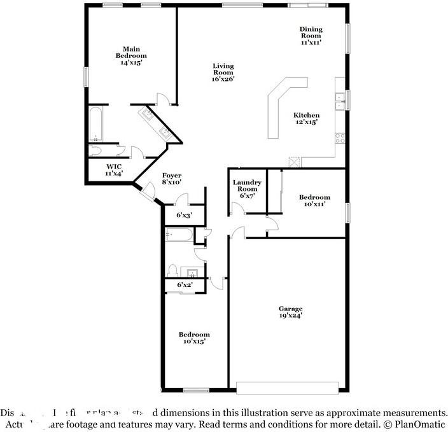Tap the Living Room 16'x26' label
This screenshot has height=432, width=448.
223,73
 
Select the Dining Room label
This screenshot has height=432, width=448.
311,36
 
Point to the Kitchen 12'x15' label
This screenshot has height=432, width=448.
306,118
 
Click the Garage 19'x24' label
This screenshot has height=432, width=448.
290,312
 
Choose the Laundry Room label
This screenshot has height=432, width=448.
247,189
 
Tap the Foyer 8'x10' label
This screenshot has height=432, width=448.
172,179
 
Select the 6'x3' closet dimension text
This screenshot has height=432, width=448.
184,215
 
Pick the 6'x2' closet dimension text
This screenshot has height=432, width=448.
185,285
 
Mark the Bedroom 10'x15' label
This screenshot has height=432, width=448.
193,338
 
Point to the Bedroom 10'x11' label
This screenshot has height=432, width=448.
314,201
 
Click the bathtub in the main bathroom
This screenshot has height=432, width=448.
95,124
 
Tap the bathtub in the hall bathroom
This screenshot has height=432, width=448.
180,235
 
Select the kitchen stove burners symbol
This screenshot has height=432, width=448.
340,137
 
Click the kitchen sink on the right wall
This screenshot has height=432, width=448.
340,100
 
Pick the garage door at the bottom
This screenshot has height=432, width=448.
287,387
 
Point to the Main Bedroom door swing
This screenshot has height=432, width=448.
163,99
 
